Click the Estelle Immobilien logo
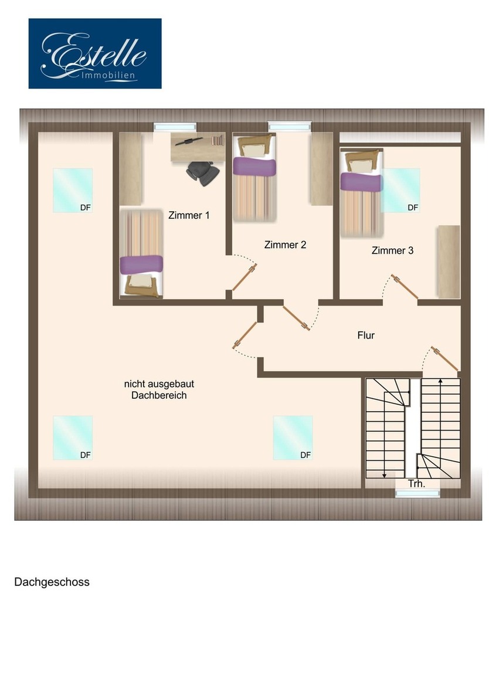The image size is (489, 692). (95, 53)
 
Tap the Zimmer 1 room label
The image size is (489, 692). (189, 215)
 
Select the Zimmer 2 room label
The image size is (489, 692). (285, 245)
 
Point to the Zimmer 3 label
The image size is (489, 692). (392, 250)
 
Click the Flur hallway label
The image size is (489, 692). (366, 335)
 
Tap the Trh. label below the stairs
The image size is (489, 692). (416, 483)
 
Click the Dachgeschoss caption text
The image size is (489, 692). (52, 582)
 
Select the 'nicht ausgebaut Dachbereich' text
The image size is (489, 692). (159, 389)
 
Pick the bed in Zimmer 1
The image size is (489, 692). (141, 253)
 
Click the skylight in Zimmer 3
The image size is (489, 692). (401, 190)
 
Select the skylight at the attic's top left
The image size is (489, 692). (73, 190)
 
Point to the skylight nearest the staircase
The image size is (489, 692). (293, 437)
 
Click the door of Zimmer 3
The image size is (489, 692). (405, 287)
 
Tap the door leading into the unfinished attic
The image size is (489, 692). (244, 336)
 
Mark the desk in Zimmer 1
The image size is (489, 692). (198, 147)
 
